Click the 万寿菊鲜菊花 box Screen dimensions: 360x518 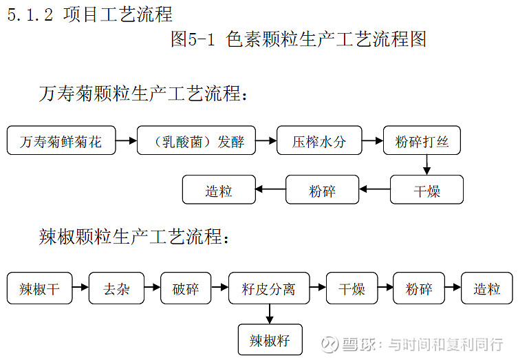click(61, 141)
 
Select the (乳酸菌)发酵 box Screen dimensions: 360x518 click(195, 141)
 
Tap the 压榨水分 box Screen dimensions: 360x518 click(319, 141)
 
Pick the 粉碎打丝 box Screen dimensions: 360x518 click(422, 141)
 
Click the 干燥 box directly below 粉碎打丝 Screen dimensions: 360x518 click(427, 190)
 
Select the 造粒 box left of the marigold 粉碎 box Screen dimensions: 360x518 click(218, 190)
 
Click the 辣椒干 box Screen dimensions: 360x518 click(39, 288)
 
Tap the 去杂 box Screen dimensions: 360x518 click(116, 288)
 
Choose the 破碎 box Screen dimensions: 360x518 click(185, 288)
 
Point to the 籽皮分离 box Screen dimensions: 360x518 click(269, 288)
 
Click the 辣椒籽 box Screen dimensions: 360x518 click(270, 340)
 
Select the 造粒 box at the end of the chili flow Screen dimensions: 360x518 click(486, 288)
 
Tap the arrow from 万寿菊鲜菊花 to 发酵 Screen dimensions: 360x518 click(126, 141)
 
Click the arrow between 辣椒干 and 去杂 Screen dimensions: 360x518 click(80, 288)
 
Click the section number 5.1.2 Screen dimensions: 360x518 click(30, 14)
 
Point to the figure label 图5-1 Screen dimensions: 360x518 click(193, 39)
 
